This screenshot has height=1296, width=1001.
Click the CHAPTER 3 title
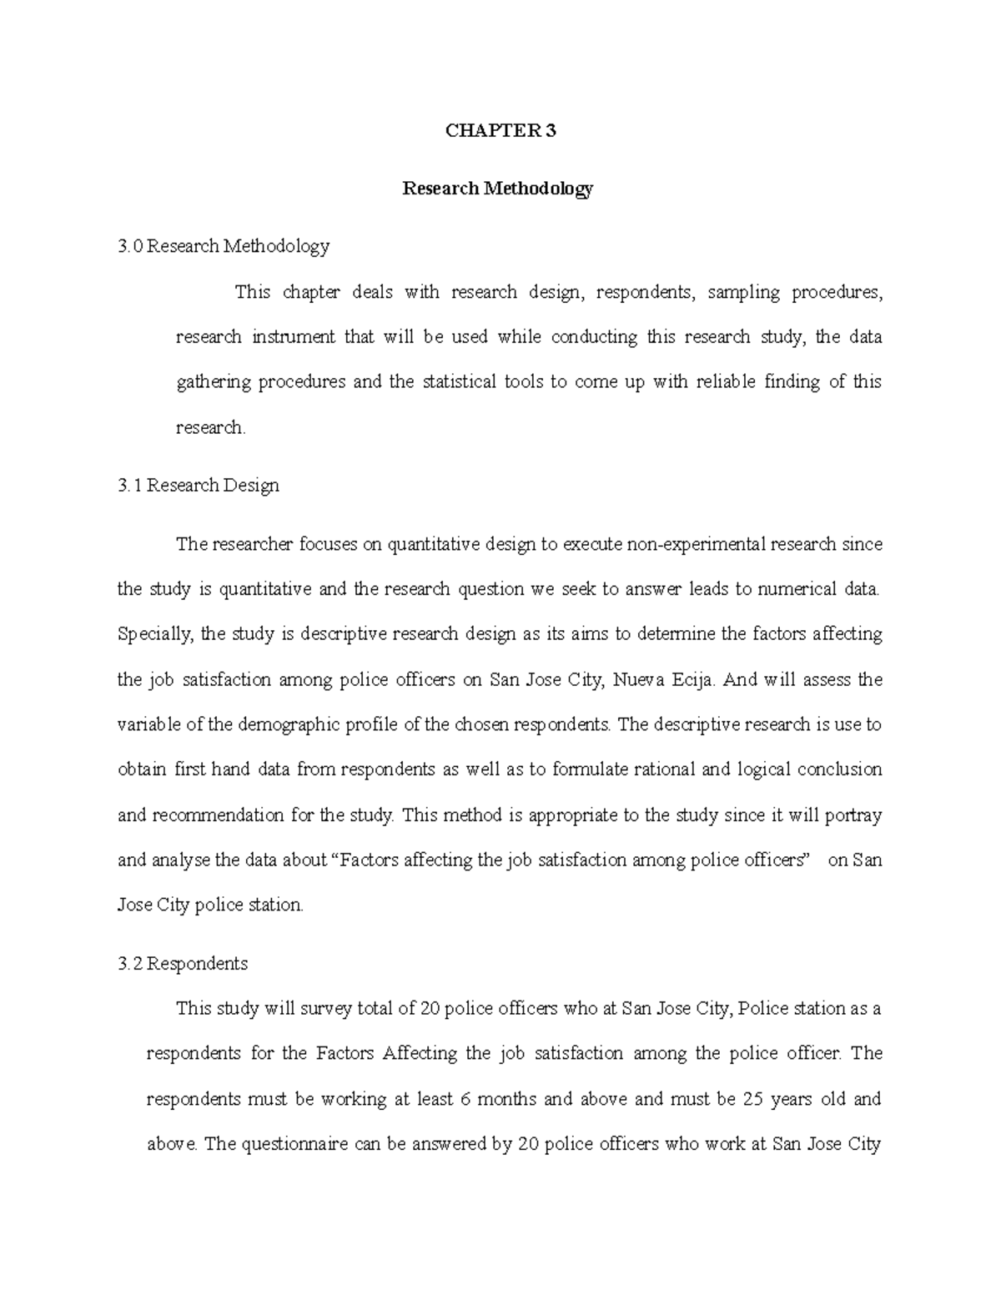click(x=500, y=130)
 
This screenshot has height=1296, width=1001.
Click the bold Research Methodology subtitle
click(x=498, y=189)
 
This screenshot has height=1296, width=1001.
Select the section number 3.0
click(x=131, y=246)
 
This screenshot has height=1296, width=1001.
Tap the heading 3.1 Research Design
click(x=199, y=486)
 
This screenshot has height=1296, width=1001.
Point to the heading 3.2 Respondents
click(x=183, y=964)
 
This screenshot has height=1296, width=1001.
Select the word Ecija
click(x=694, y=679)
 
